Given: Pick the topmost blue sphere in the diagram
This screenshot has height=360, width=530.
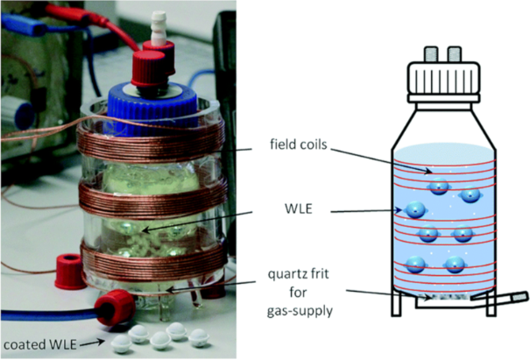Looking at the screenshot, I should click(x=435, y=186).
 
